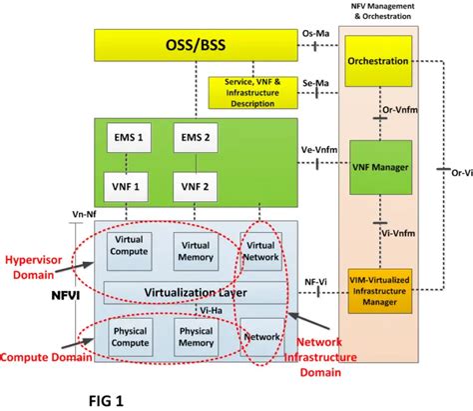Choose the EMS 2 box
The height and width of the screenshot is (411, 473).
195,138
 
